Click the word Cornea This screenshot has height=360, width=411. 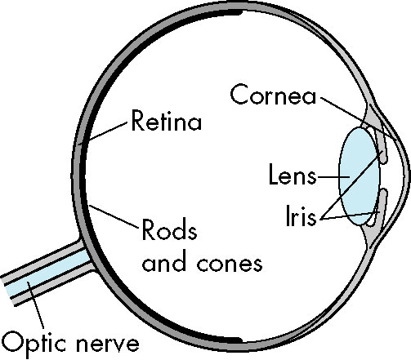273,95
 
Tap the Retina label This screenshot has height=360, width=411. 167,121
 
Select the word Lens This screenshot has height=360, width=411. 293,174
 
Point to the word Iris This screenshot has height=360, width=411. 302,216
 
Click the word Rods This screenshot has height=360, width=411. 169,229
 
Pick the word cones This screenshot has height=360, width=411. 230,263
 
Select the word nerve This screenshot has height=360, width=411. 108,344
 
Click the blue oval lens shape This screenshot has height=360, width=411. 359,176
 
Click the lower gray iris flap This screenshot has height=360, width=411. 382,207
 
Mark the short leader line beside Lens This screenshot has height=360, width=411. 333,177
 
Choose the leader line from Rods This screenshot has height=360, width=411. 114,216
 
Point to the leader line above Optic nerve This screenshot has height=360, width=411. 35,305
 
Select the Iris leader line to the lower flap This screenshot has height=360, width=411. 351,216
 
